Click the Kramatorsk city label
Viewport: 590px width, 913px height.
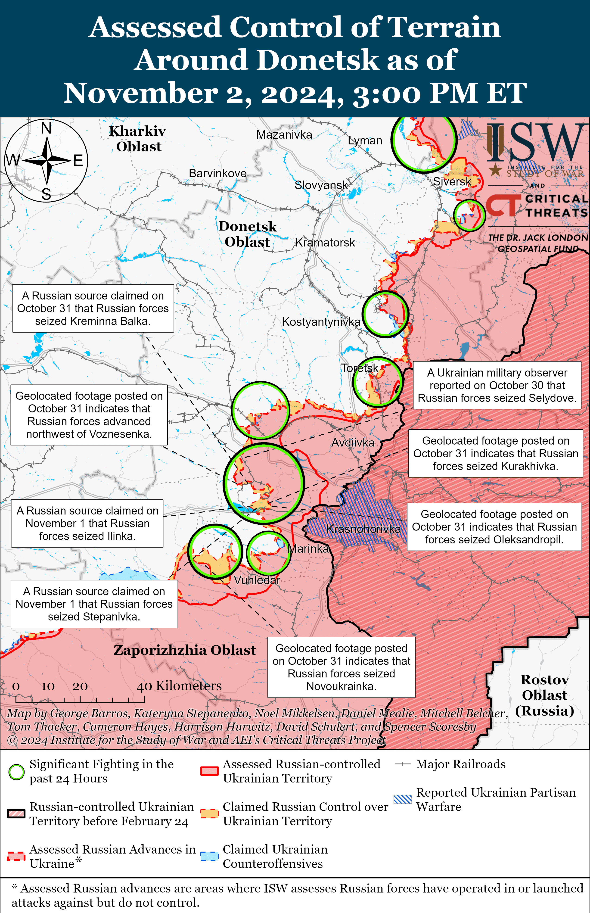325,243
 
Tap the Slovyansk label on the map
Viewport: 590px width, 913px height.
321,185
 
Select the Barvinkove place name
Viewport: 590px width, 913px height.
218,173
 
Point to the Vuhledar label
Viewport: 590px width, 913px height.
257,580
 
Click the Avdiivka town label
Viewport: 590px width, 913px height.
352,443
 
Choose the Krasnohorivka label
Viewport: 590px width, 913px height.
363,529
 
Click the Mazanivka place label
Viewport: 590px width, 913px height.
284,135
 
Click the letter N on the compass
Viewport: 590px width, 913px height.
46,128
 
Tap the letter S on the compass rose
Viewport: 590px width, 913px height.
46,194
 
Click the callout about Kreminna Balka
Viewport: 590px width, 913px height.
93,308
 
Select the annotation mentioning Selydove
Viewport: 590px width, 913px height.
497,385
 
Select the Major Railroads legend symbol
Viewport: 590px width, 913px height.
403,764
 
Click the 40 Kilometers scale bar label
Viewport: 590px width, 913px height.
179,686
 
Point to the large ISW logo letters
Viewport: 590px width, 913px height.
536,142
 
